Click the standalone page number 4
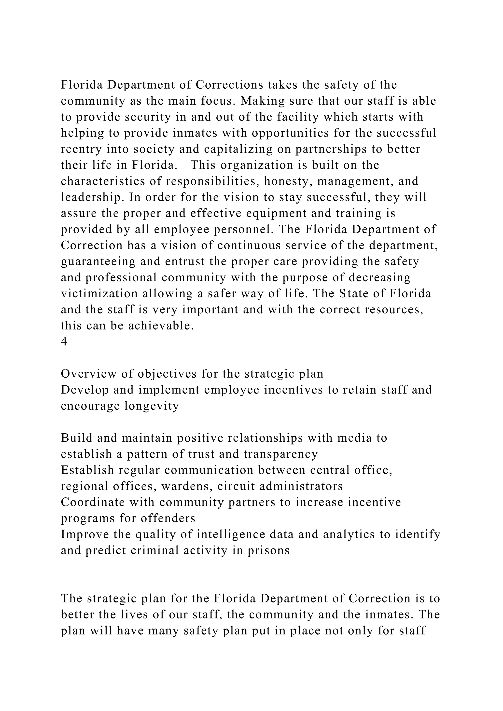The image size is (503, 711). pos(64,342)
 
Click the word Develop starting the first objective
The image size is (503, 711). pos(85,390)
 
